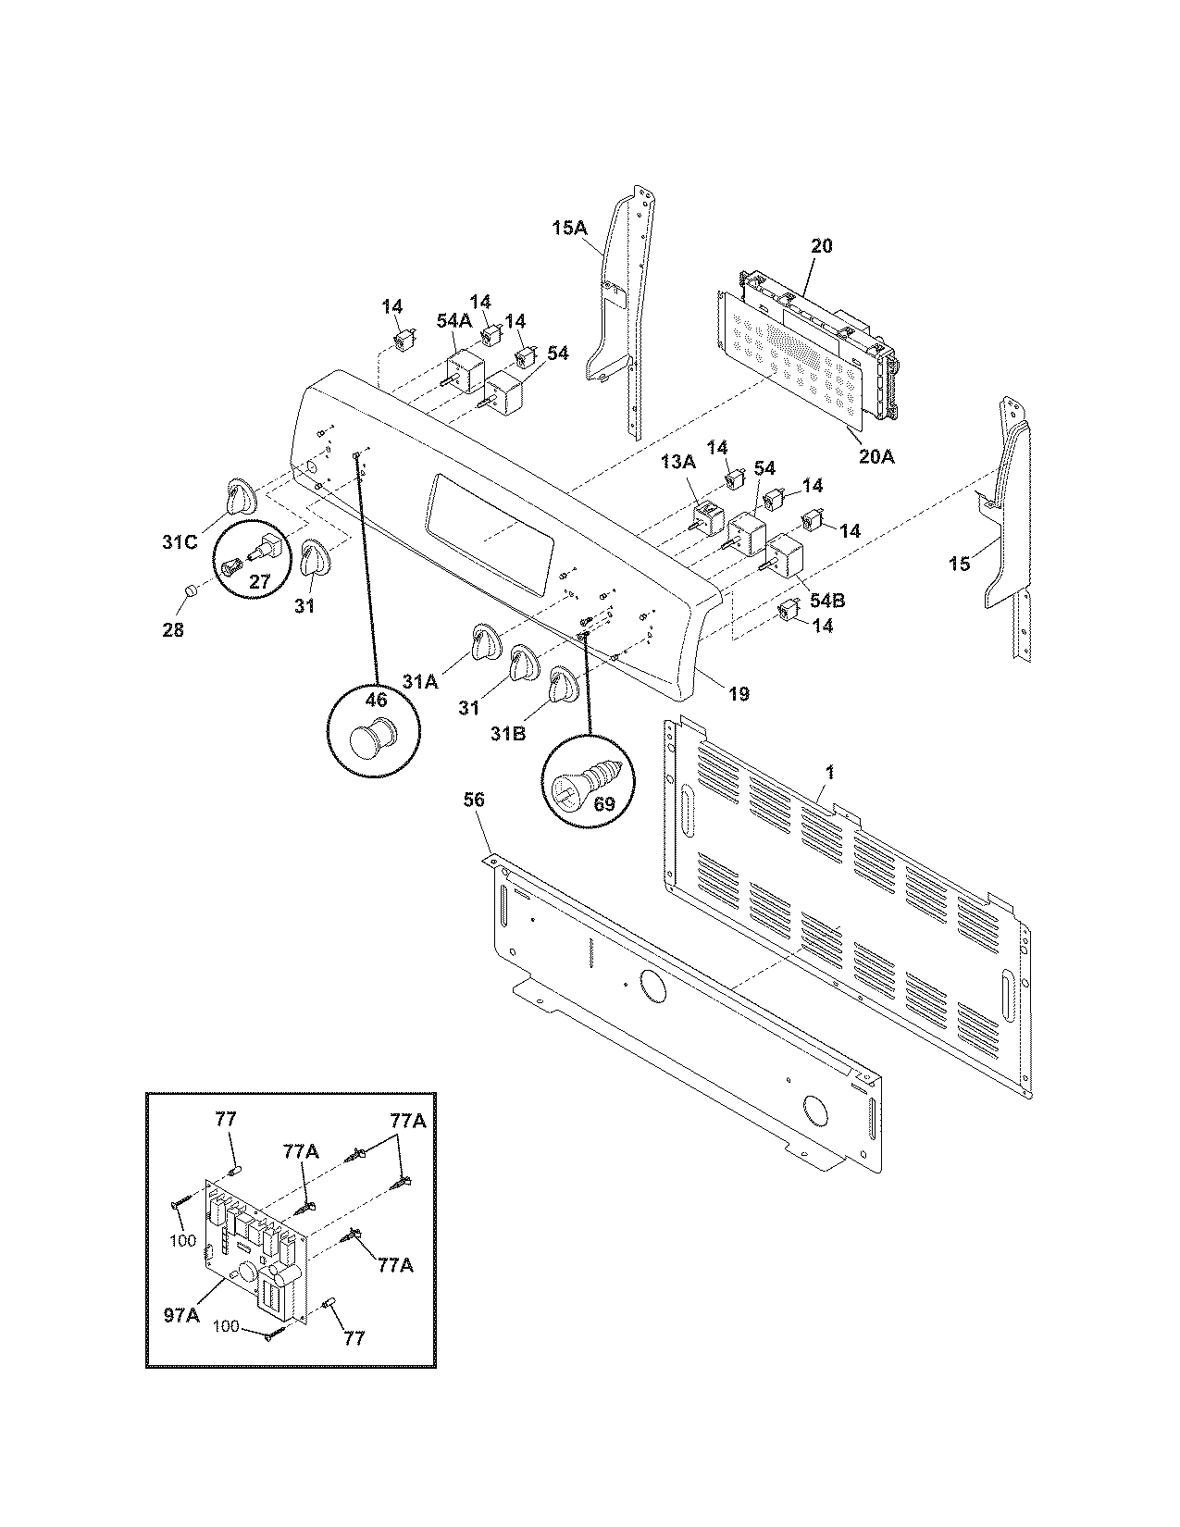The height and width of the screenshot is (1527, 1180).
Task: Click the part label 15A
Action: pyautogui.click(x=570, y=227)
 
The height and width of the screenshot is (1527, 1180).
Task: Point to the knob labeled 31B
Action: pyautogui.click(x=561, y=686)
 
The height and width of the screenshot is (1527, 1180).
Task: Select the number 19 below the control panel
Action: pyautogui.click(x=738, y=693)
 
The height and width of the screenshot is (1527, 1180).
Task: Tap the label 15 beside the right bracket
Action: pyautogui.click(x=960, y=563)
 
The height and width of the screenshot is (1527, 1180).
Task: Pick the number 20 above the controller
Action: pyautogui.click(x=821, y=246)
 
